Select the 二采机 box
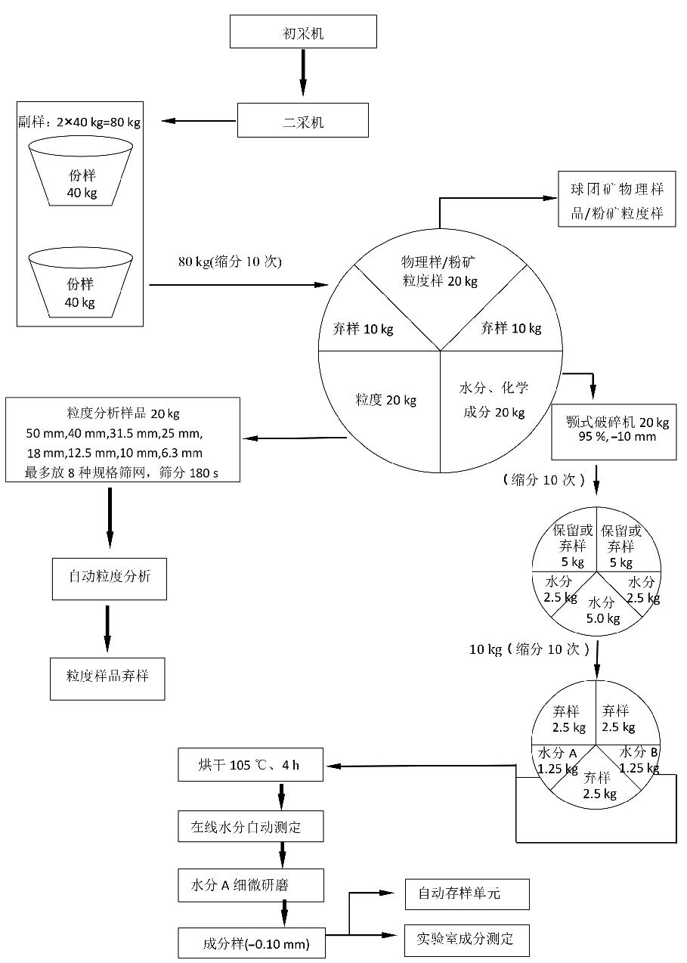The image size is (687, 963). [x=302, y=121]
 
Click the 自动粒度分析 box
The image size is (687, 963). [x=110, y=578]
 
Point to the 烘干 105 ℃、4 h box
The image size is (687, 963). [x=251, y=765]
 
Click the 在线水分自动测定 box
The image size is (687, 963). [x=251, y=826]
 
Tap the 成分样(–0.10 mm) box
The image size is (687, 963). [x=251, y=943]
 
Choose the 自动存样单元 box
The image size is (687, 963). [x=466, y=894]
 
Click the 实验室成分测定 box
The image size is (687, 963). [x=466, y=940]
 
